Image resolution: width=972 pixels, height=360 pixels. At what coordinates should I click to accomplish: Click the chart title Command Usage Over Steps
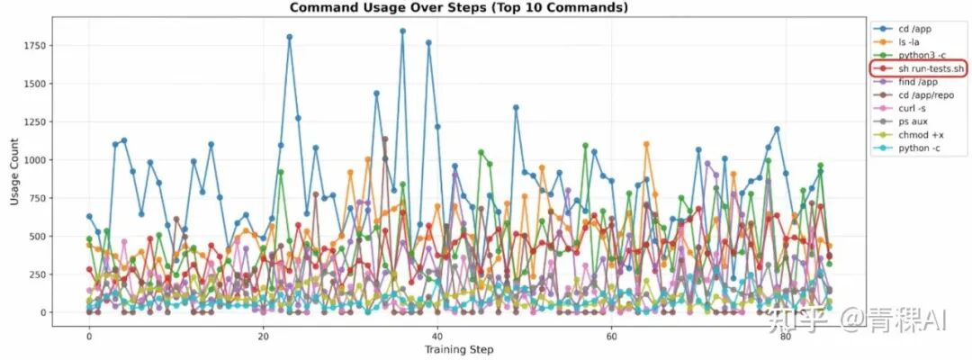coord(458,7)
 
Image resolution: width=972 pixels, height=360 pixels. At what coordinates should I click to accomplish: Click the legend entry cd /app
coord(912,29)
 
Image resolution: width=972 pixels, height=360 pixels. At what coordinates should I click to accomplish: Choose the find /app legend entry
coord(916,81)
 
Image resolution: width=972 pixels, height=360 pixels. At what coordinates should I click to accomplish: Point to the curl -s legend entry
coord(912,107)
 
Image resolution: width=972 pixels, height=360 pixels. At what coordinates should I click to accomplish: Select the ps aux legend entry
coord(913,121)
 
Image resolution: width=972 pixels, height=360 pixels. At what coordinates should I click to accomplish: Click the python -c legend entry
coord(916,147)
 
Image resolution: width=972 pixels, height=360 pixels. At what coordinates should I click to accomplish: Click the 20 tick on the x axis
coord(263,336)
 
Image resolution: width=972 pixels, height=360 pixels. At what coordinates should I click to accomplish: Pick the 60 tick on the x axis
coord(611,336)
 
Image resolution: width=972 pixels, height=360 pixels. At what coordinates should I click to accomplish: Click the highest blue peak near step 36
coord(402,31)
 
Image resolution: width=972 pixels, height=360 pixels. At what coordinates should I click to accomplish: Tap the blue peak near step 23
coord(289,37)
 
